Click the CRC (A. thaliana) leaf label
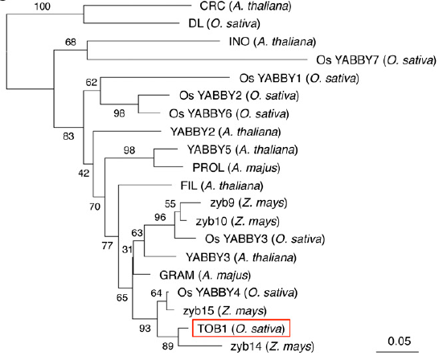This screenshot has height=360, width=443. pyautogui.click(x=245, y=6)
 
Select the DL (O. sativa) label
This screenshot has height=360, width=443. pyautogui.click(x=224, y=24)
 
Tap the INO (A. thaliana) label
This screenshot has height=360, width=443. pyautogui.click(x=273, y=42)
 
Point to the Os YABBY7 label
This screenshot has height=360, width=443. pyautogui.click(x=376, y=60)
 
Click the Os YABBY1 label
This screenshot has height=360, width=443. pyautogui.click(x=299, y=78)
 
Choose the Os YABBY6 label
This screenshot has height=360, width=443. pyautogui.click(x=229, y=114)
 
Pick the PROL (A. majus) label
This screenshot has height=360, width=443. pyautogui.click(x=236, y=168)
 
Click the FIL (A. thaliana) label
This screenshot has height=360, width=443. pyautogui.click(x=222, y=186)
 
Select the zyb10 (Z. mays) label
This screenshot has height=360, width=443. pyautogui.click(x=238, y=221)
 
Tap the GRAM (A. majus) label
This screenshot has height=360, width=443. pyautogui.click(x=205, y=275)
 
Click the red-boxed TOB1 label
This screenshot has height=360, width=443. pyautogui.click(x=241, y=329)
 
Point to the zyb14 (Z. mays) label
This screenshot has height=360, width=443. pyautogui.click(x=272, y=346)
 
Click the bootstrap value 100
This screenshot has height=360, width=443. pyautogui.click(x=42, y=6)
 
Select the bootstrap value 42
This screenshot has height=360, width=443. pyautogui.click(x=84, y=173)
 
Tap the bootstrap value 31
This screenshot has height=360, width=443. pyautogui.click(x=127, y=249)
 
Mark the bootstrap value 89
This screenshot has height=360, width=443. pyautogui.click(x=167, y=346)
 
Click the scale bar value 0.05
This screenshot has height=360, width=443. pyautogui.click(x=400, y=341)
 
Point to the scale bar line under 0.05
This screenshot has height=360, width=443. pyautogui.click(x=397, y=352)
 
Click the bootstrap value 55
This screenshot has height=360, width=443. pyautogui.click(x=170, y=204)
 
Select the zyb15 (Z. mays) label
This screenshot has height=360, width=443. pyautogui.click(x=224, y=311)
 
